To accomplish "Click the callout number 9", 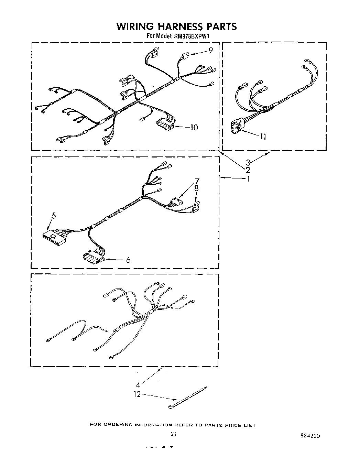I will (210, 50).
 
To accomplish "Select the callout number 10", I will (194, 128).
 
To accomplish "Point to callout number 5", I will (54, 216).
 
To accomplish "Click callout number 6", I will (128, 260).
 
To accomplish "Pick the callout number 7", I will (197, 181).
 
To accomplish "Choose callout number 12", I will (137, 394).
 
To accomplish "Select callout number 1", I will (248, 178).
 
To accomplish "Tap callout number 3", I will (248, 163).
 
